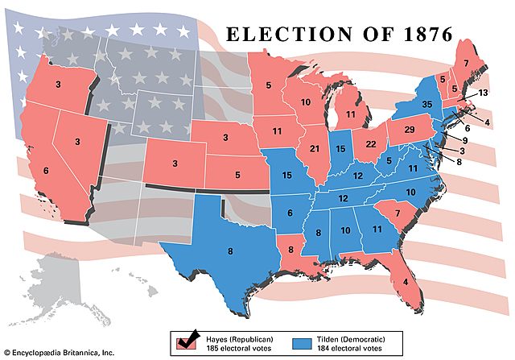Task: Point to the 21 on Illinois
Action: [315, 150]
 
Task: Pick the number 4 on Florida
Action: [406, 283]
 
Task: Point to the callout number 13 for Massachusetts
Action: [482, 93]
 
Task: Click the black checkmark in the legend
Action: [192, 339]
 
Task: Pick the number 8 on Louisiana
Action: [290, 250]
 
